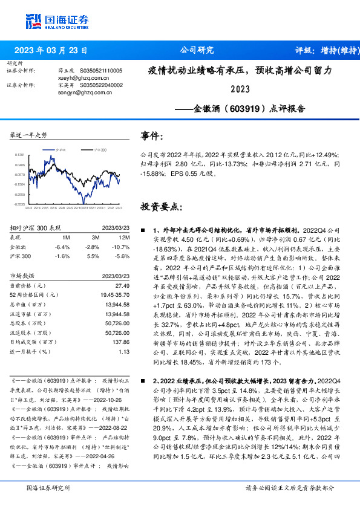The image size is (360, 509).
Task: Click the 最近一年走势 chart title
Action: tap(29, 134)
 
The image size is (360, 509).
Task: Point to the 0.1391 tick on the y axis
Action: tap(20, 155)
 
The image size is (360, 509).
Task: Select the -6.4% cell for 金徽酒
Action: tap(62, 247)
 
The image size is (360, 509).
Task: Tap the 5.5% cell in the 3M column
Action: tap(93, 256)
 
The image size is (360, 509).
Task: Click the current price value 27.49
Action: tap(123, 285)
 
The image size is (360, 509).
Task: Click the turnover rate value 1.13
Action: tap(125, 351)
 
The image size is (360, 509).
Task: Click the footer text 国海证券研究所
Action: tap(48, 487)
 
